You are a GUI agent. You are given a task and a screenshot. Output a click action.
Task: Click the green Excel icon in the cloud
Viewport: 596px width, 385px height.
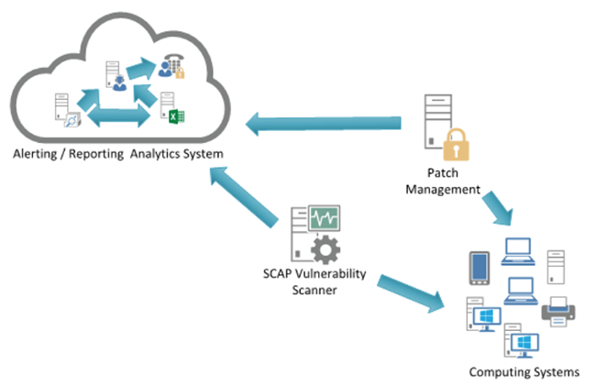pos(176,115)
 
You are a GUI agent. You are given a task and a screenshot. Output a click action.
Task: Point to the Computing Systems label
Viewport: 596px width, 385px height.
pos(524,371)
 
